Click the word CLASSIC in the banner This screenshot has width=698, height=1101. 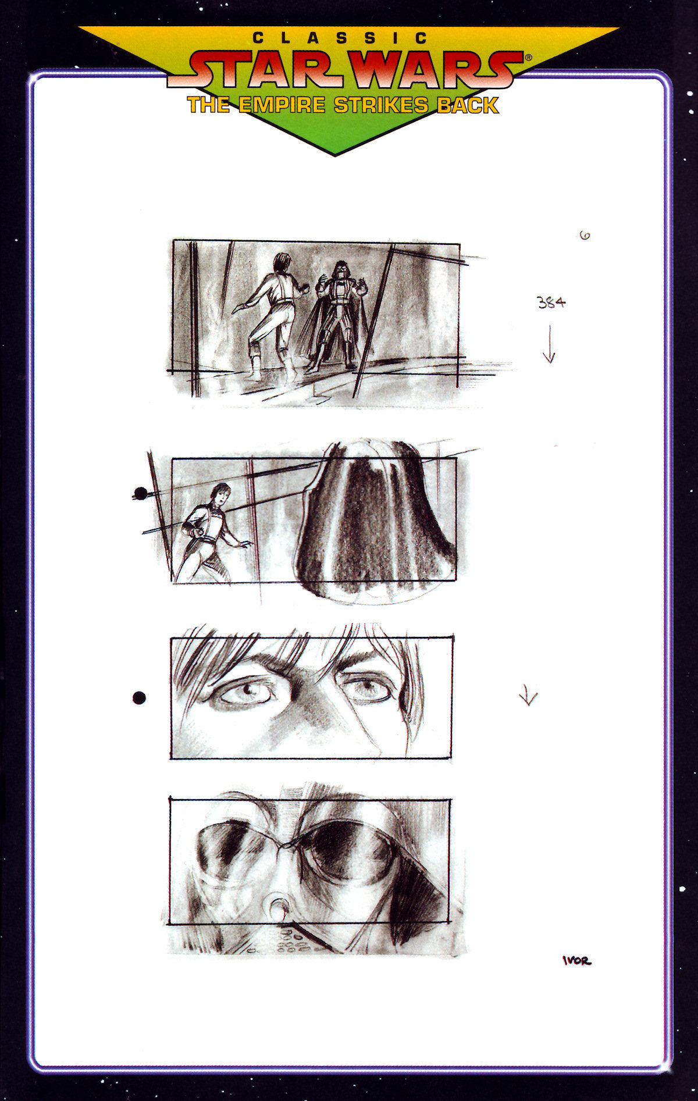point(340,38)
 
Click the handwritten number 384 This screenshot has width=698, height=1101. point(551,302)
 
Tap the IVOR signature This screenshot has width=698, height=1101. point(576,961)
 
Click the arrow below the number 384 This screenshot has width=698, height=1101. point(549,346)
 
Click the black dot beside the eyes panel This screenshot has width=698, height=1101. point(139,697)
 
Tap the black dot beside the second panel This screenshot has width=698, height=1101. point(140,494)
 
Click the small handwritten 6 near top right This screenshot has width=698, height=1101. point(585,236)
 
